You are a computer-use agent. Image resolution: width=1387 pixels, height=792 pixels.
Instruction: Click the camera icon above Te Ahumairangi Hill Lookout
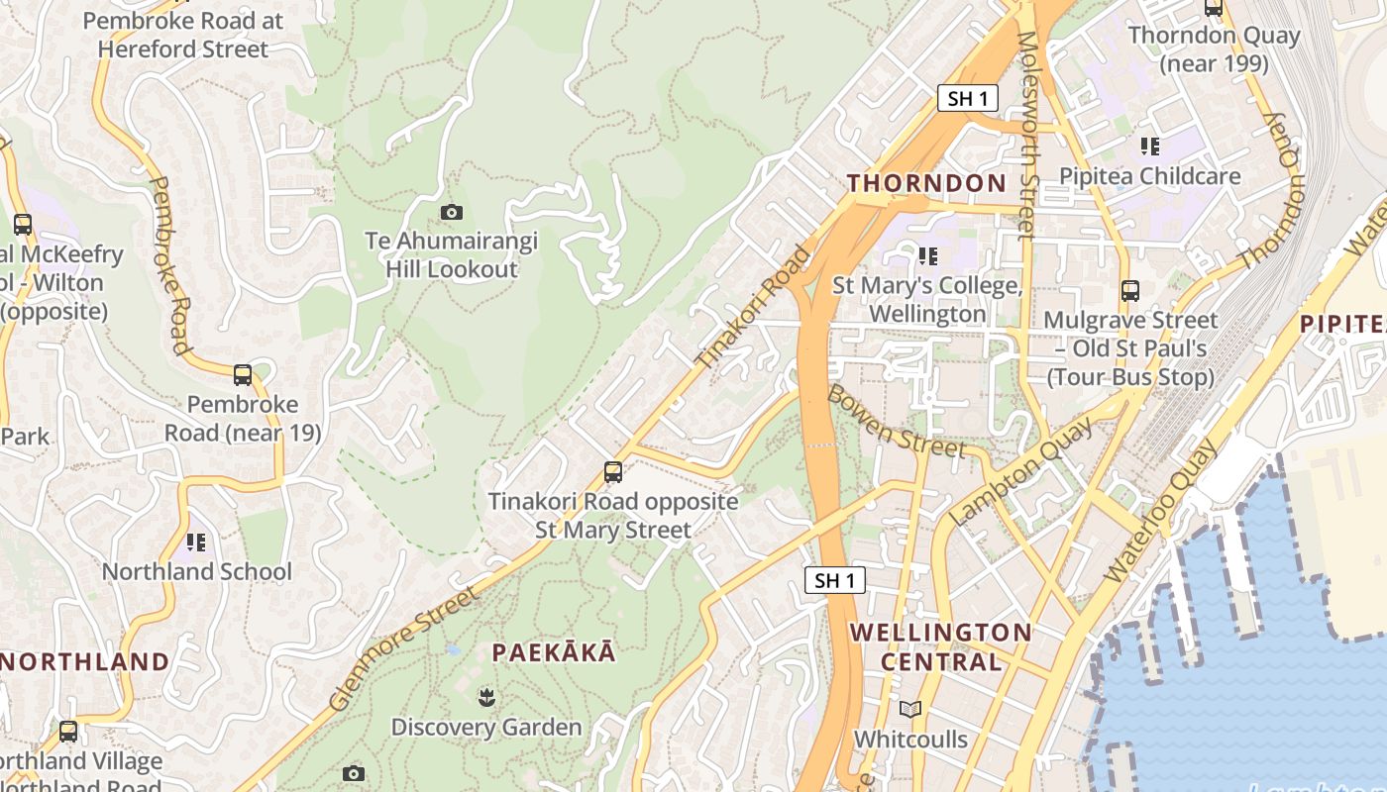point(451,212)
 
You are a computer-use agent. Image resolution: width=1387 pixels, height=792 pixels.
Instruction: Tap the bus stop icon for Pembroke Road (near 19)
point(243,375)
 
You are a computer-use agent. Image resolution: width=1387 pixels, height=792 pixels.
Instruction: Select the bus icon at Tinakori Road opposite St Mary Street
point(613,472)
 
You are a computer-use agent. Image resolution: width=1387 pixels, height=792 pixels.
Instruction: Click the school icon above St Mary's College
point(927,256)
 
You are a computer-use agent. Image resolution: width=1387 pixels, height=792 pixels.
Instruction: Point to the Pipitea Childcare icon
point(1149,147)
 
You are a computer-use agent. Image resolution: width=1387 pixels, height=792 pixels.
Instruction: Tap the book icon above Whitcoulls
point(910,709)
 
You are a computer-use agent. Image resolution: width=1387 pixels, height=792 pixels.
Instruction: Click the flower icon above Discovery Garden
point(485,697)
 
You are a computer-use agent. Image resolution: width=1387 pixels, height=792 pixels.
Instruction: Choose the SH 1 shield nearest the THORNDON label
point(967,98)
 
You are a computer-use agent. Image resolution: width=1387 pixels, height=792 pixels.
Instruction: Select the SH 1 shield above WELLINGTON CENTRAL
point(834,580)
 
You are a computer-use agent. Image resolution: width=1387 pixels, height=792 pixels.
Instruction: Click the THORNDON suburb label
point(926,183)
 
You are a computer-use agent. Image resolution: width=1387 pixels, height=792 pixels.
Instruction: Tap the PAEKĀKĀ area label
point(554,652)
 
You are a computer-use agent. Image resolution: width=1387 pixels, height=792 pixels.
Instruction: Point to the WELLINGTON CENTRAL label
point(940,646)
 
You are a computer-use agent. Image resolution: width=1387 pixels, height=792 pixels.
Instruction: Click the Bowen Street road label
point(896,421)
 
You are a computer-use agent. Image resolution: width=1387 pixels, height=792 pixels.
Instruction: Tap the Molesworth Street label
point(1026,136)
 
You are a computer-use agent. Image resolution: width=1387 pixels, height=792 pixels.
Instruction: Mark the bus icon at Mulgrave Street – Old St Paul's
point(1129,291)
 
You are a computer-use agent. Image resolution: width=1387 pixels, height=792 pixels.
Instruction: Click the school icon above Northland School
point(196,542)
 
